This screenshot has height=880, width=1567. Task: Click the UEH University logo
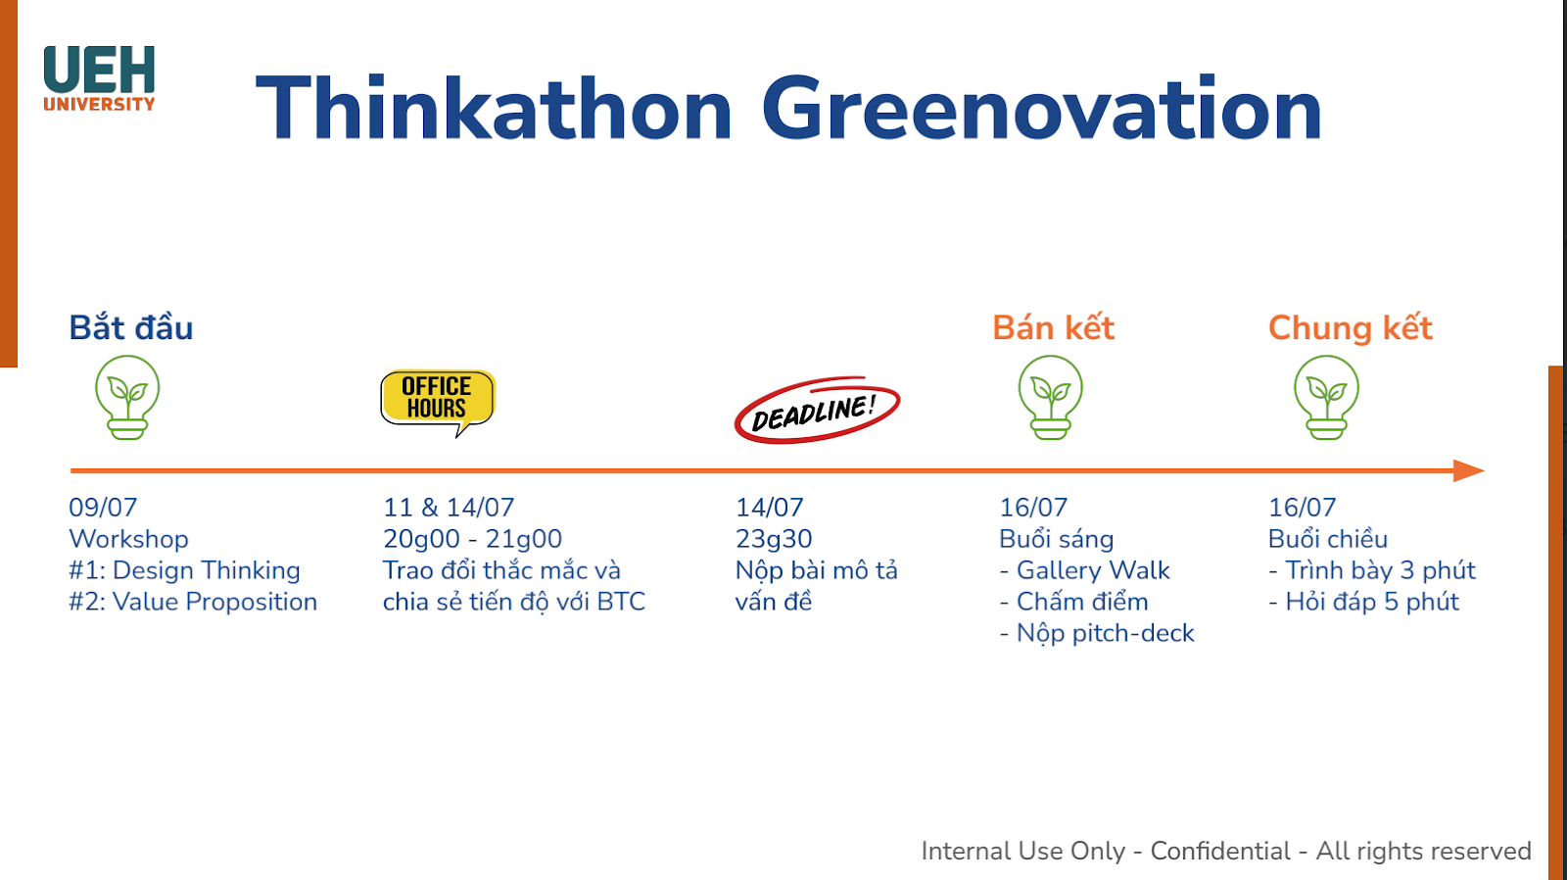tap(99, 78)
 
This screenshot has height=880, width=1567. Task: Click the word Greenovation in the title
tap(1042, 109)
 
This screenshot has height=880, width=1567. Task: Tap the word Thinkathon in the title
tap(494, 108)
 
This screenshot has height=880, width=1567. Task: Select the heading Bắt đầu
tap(131, 327)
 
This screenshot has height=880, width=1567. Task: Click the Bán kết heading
tap(1053, 327)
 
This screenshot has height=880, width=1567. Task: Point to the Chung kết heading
tap(1351, 328)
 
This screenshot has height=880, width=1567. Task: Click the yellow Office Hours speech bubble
tap(438, 402)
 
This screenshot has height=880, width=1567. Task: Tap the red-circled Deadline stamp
tap(817, 410)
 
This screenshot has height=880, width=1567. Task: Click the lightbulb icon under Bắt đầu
tap(127, 397)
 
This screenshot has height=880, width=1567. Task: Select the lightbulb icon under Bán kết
tap(1050, 397)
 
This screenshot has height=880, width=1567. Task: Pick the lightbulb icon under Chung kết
tap(1326, 397)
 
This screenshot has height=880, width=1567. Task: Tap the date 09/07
tap(103, 507)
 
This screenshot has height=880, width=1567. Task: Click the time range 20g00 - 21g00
tap(472, 538)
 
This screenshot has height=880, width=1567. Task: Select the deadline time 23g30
tap(774, 538)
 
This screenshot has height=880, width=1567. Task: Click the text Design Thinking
tap(207, 570)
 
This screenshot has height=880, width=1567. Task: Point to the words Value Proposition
tap(214, 602)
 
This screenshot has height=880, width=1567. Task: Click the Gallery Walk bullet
tap(1084, 570)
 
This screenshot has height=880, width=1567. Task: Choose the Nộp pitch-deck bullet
tap(1096, 634)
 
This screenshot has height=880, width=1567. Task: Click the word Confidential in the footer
tap(1220, 851)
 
